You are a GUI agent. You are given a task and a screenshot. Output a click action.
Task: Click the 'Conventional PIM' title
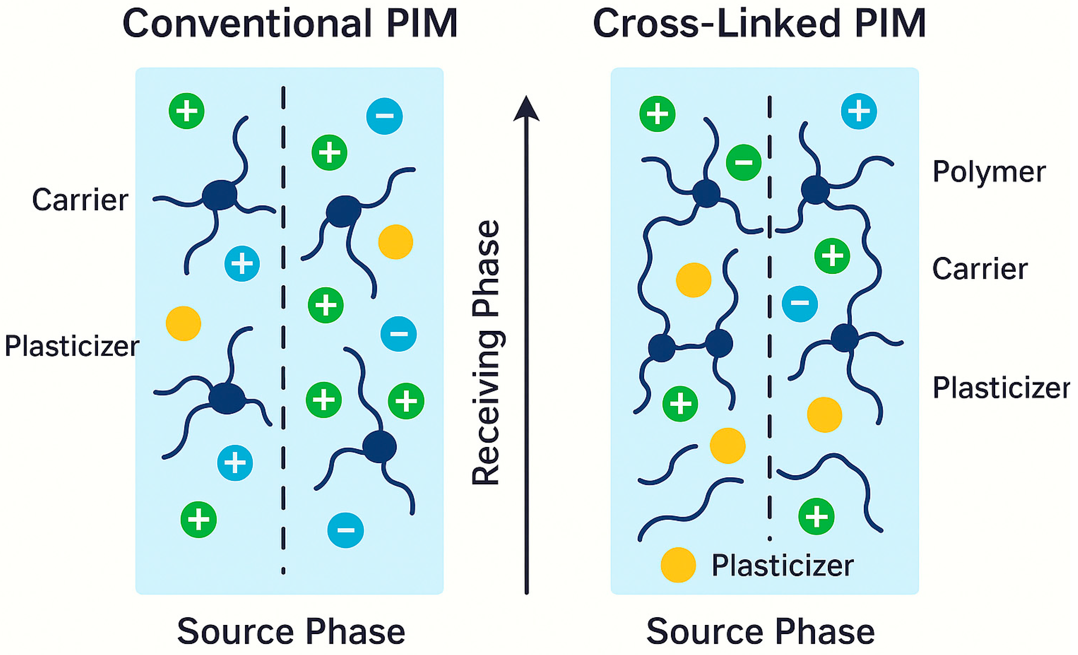point(289,24)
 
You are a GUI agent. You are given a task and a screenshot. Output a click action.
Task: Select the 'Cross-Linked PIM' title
point(759,24)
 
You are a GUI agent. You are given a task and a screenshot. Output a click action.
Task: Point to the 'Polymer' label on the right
point(989,172)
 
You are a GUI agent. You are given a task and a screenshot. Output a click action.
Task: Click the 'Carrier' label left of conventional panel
point(80,200)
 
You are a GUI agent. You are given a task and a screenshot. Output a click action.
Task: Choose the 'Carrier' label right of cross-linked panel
point(980,269)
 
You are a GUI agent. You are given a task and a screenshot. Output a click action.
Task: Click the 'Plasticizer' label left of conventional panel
point(72,346)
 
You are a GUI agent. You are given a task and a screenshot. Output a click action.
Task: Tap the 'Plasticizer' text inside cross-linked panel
point(782,565)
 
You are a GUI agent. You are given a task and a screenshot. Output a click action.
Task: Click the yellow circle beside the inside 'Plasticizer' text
point(678,565)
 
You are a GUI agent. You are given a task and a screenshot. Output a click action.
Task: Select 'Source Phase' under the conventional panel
point(291,631)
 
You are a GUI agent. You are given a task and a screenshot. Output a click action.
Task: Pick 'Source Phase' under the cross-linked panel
point(761,631)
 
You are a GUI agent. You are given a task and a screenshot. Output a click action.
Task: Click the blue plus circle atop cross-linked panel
point(859,111)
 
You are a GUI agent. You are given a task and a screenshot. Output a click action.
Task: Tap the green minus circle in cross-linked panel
point(743,162)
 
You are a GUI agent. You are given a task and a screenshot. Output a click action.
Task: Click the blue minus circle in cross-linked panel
point(800,304)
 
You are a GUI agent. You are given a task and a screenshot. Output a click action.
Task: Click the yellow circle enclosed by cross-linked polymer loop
point(693,280)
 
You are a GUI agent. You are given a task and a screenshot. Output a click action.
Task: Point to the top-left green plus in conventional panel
point(187,111)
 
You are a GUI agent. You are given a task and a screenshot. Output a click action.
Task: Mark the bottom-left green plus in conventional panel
point(199,519)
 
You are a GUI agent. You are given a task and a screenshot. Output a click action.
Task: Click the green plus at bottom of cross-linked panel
point(816,516)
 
